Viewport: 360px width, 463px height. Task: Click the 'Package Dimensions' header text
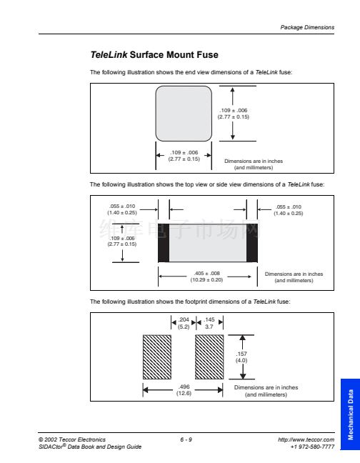point(307,27)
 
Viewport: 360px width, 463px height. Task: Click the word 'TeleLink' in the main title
point(109,54)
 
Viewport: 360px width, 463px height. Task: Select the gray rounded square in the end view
point(184,114)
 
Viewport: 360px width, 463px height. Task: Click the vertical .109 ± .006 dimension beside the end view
point(234,114)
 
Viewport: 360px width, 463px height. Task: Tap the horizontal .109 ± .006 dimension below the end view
point(184,156)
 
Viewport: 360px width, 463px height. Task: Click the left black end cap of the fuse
point(164,243)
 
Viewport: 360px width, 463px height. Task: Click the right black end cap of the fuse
point(252,243)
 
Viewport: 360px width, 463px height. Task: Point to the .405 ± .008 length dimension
point(206,277)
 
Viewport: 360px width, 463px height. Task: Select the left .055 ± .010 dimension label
point(122,209)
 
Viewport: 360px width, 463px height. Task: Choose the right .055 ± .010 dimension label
point(289,210)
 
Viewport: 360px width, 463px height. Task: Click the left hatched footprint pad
point(157,357)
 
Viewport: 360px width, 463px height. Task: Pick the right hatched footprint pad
point(209,357)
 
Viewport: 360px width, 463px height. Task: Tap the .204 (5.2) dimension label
point(184,323)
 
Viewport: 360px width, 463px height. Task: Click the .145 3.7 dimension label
point(209,323)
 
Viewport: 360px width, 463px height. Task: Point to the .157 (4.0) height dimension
point(241,357)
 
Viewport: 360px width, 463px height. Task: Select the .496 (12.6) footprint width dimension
point(184,390)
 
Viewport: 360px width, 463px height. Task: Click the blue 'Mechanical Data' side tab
point(350,414)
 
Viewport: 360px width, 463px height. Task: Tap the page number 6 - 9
point(186,439)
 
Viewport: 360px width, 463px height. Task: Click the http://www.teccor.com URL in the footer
point(306,439)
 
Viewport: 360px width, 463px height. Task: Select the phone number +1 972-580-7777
point(312,447)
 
